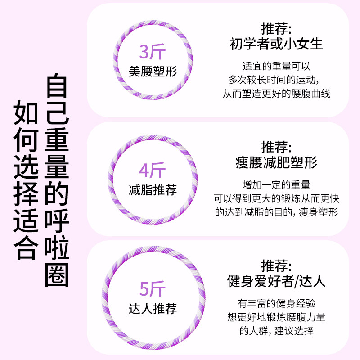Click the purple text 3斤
[x=153, y=52]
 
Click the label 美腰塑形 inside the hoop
[x=153, y=71]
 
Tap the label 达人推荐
[x=153, y=308]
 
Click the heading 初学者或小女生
[x=276, y=44]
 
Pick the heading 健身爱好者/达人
[x=276, y=281]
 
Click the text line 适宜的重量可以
[x=276, y=66]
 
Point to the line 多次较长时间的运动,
[x=276, y=80]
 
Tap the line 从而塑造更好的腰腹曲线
[x=276, y=94]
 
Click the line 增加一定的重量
[x=276, y=184]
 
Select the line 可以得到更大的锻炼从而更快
[x=276, y=198]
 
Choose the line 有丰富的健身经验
[x=276, y=303]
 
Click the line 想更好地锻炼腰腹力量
[x=276, y=317]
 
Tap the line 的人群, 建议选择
[x=276, y=331]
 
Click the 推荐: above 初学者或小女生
[x=276, y=28]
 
